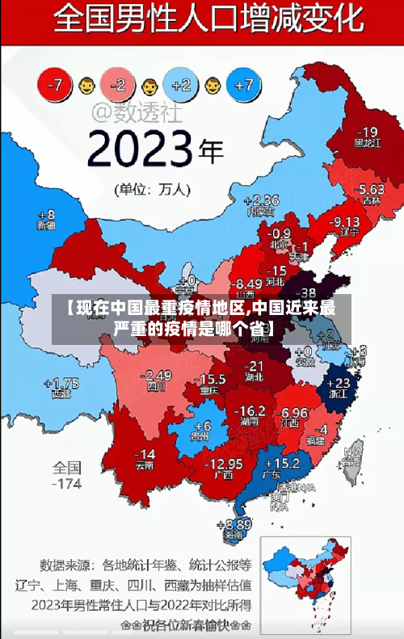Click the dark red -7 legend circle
pos(54,85)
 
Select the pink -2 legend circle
pos(118,85)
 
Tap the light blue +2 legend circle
pos(181,85)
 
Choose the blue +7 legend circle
pos(245,84)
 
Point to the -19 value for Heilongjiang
pos(367,132)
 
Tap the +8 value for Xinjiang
pos(47,216)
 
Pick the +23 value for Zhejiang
pos(342,383)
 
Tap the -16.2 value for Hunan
pos(249,411)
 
